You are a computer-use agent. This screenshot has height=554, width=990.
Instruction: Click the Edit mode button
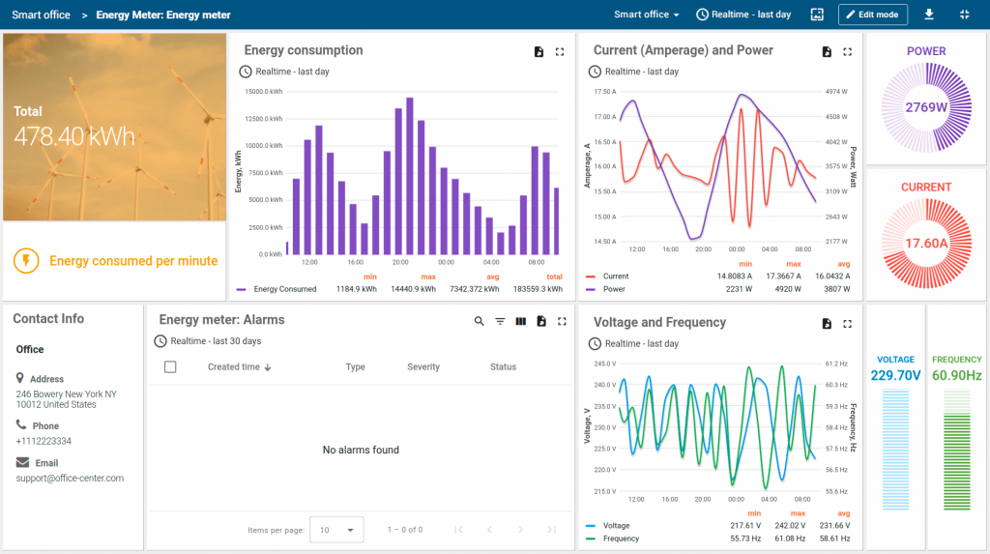[873, 15]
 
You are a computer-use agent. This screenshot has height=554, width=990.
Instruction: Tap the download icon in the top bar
[929, 15]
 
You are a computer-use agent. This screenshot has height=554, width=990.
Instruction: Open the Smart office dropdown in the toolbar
[647, 15]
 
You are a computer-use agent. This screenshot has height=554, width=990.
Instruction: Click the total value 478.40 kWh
[74, 136]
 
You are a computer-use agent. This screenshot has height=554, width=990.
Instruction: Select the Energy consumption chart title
[304, 50]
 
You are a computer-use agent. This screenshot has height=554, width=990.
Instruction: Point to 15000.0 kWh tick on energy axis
[263, 92]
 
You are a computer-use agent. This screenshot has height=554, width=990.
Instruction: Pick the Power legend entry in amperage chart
[614, 289]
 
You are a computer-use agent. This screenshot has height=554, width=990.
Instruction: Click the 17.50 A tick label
[604, 92]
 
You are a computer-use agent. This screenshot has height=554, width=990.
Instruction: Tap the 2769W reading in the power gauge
[926, 107]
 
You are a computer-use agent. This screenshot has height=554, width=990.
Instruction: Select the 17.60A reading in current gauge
[926, 244]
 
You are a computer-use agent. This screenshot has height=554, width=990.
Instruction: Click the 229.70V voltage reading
[895, 375]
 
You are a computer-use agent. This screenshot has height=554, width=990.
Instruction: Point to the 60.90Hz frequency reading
[957, 375]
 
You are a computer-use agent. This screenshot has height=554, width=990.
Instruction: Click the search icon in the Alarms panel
[480, 321]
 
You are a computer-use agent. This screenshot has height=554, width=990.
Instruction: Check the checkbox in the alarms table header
[170, 367]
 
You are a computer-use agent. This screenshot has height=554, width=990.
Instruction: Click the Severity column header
[423, 367]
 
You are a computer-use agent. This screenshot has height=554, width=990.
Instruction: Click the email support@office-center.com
[70, 479]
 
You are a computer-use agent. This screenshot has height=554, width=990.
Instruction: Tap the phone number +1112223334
[44, 441]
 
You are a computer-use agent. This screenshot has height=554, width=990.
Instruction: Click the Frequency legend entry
[621, 539]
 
